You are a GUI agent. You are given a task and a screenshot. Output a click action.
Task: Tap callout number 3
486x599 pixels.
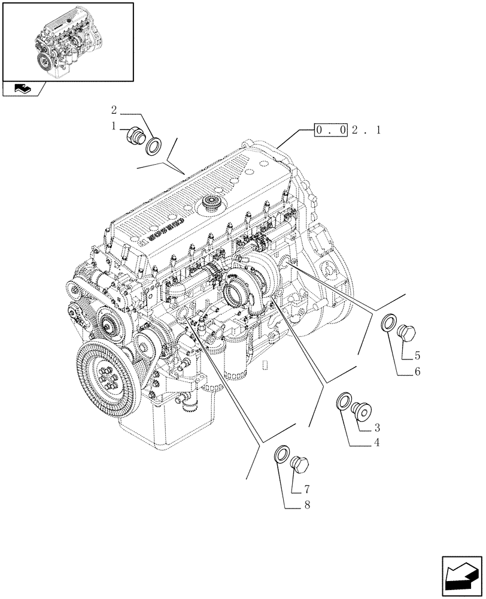click(x=378, y=428)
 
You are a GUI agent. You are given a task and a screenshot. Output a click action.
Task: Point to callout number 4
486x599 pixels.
click(x=377, y=443)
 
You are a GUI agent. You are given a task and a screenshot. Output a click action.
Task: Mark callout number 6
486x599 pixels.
click(x=417, y=372)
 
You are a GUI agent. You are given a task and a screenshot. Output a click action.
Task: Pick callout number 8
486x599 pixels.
click(x=306, y=506)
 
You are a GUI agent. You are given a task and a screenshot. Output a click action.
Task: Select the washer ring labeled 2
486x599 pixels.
click(x=153, y=144)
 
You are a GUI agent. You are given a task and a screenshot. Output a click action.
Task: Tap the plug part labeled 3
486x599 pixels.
click(x=363, y=410)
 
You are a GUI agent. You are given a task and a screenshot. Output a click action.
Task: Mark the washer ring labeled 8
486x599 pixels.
click(x=281, y=455)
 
